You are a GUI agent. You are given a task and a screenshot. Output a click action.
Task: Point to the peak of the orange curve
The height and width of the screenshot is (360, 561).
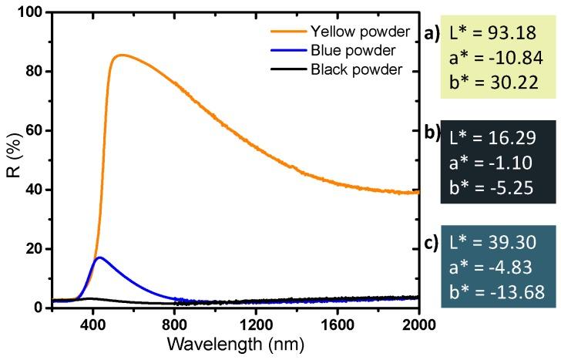click(120, 55)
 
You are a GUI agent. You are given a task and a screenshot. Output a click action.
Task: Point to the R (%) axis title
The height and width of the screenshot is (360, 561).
click(13, 160)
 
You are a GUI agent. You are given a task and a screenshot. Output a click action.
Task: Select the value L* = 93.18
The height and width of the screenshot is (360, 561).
click(500, 35)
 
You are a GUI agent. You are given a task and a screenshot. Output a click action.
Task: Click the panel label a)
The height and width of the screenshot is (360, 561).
click(432, 33)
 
